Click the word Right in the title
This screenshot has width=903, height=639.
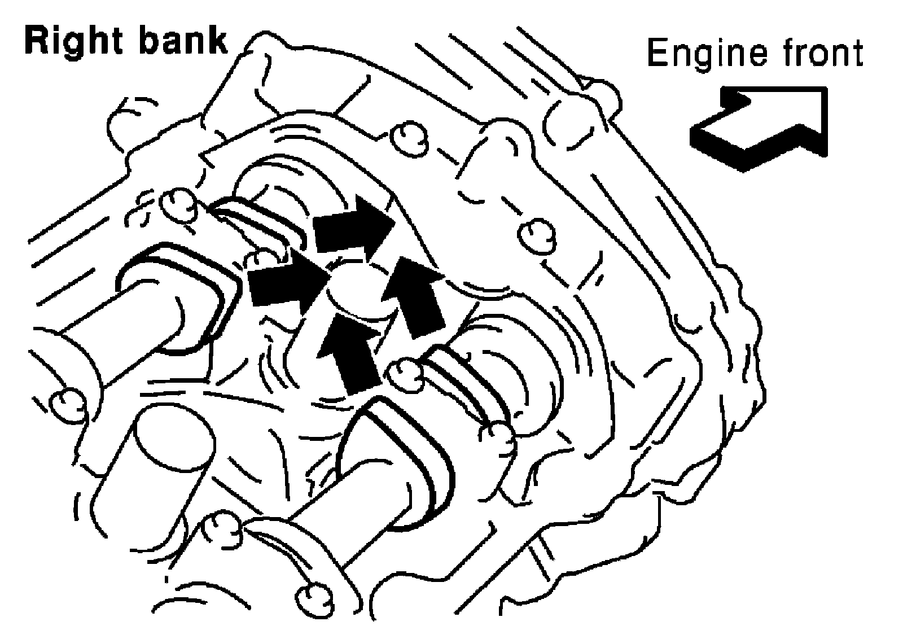coord(73,43)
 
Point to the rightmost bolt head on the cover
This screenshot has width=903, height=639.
coord(536,234)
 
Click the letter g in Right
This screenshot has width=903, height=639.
coord(79,46)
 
